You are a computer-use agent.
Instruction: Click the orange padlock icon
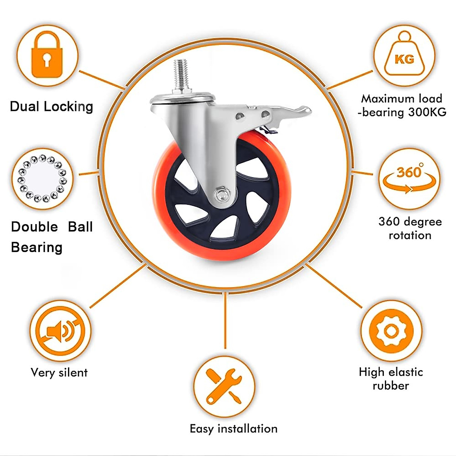coord(46,55)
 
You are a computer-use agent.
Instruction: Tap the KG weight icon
coord(404,55)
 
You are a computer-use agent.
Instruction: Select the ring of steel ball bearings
coord(42,178)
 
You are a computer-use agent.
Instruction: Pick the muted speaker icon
coord(60,331)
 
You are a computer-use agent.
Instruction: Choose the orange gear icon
coord(391,330)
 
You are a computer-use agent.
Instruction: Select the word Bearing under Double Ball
coord(36,247)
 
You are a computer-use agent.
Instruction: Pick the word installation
coord(247,429)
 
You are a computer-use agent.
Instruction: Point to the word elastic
coord(404,372)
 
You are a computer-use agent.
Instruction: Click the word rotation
coord(410,235)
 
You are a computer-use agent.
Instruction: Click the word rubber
coord(391,386)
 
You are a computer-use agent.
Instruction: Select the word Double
coord(35,227)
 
